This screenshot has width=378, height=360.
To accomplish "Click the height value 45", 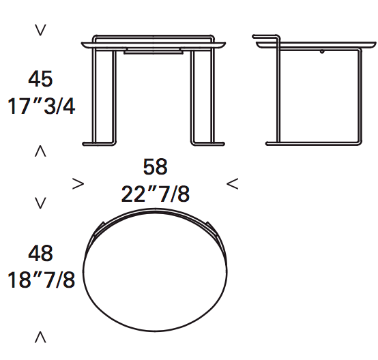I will (40, 79).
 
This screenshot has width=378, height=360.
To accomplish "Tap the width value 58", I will (155, 166).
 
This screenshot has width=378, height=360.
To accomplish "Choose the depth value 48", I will (40, 254).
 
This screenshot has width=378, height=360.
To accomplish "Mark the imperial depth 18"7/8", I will (40, 280).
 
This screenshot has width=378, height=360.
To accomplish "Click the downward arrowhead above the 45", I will (40, 30).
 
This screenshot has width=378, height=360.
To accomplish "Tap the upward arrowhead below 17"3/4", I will (40, 151).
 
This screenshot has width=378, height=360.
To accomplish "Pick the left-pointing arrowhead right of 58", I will (232, 183).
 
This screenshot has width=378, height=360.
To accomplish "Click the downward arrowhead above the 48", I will (40, 202).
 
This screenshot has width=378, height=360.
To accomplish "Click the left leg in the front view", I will (100, 95).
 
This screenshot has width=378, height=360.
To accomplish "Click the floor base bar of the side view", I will (312, 142).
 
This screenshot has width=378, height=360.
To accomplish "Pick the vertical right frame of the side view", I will (358, 95).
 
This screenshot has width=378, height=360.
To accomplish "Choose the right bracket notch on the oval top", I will (208, 227).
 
